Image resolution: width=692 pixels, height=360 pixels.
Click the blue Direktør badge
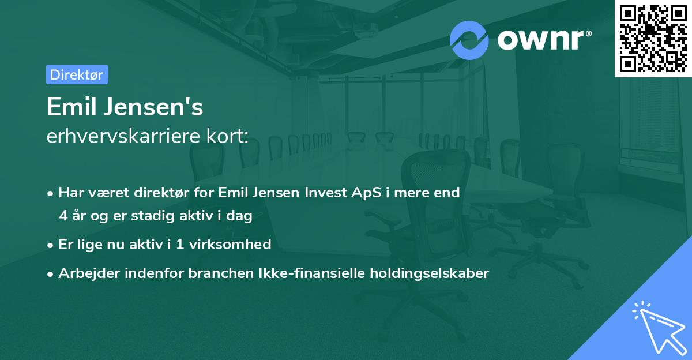pos(77,75)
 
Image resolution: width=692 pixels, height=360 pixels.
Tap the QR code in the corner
pos(653,38)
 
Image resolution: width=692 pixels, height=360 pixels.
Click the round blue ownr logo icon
pos(469,40)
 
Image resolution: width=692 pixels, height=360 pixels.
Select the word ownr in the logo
pos(542,40)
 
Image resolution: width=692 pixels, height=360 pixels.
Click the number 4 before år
pos(63,216)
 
